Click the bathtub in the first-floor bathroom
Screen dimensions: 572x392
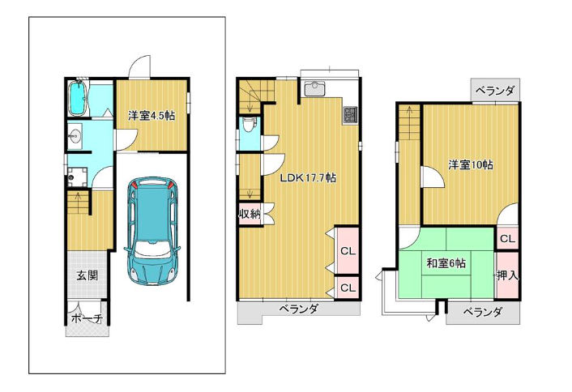click(x=77, y=98)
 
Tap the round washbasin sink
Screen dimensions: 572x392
click(x=75, y=136)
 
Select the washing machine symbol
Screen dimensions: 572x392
click(x=77, y=176)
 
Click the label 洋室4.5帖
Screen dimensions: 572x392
click(x=151, y=116)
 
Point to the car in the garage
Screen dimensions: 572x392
click(x=152, y=231)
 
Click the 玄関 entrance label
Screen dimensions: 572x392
click(x=88, y=275)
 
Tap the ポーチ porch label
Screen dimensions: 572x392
click(x=87, y=318)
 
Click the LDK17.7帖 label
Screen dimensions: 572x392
click(x=308, y=177)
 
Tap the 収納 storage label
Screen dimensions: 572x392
click(x=250, y=214)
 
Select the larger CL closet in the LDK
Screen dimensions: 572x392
click(x=348, y=250)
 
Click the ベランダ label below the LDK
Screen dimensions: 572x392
click(x=298, y=309)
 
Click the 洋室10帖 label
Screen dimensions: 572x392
click(x=470, y=165)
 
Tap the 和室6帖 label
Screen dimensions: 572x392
click(x=446, y=263)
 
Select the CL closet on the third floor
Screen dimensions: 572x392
click(x=507, y=239)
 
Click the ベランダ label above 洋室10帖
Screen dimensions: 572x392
click(x=495, y=90)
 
